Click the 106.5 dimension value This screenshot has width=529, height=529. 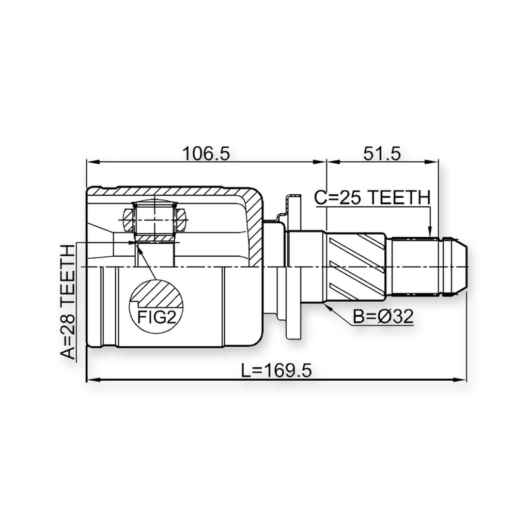tap(206, 153)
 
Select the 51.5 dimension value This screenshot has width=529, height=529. tap(382, 153)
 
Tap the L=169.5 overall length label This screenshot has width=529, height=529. tap(277, 370)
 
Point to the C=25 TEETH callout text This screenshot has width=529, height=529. tap(372, 197)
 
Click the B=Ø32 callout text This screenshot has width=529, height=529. tap(383, 317)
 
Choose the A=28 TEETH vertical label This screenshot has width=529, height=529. tap(68, 302)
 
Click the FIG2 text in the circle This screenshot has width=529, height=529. tap(157, 317)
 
